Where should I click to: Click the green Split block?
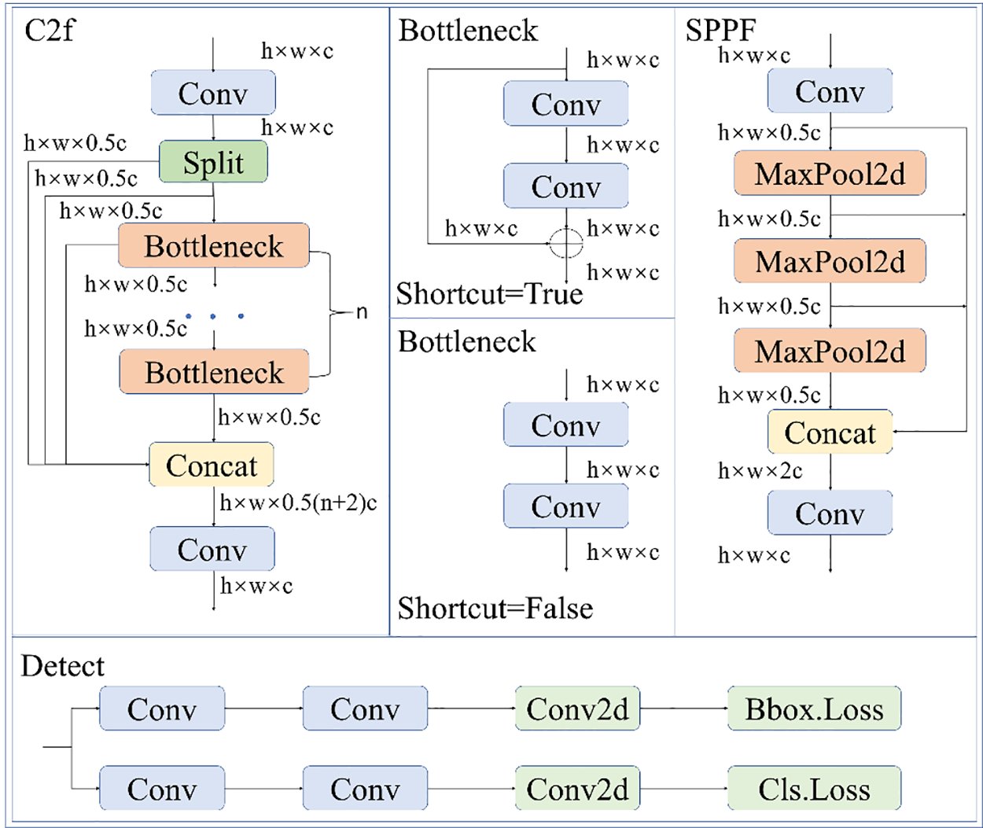tap(213, 162)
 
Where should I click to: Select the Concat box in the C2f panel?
tap(212, 465)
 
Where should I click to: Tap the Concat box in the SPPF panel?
tap(830, 432)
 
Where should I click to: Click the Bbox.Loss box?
tap(814, 708)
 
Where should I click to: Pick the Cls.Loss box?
tap(814, 789)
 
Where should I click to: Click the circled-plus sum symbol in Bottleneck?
tap(565, 243)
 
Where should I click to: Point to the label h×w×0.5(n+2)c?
tap(298, 502)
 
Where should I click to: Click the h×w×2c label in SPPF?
tap(760, 470)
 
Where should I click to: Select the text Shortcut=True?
tap(489, 294)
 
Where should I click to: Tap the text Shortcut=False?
tap(495, 608)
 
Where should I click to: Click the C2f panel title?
tap(50, 31)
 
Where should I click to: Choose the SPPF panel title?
tap(720, 31)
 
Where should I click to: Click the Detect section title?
tap(62, 666)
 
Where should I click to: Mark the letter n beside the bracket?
tap(361, 312)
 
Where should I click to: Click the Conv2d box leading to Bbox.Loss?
tap(577, 708)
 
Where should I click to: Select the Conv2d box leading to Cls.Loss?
tap(577, 789)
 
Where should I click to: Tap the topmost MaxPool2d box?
tap(830, 173)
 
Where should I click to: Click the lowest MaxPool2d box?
tap(830, 351)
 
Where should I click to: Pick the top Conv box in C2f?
tap(213, 93)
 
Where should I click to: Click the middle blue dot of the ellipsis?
tap(214, 316)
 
